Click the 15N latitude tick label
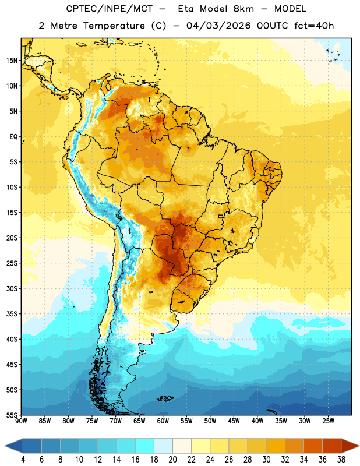pos(12,61)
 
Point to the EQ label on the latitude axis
pos(13,137)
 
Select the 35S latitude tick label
pos(12,314)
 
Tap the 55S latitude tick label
pos(12,415)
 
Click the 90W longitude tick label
pos(21,421)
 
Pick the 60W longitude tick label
pos(163,421)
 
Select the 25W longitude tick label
pos(328,421)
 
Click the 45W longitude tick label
pos(234,421)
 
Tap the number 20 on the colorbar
pos(172,460)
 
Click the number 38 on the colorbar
pos(341,460)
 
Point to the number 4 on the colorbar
pos(23,460)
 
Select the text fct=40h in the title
pos(314,26)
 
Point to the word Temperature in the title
pos(114,26)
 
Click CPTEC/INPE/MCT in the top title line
pos(109,9)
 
